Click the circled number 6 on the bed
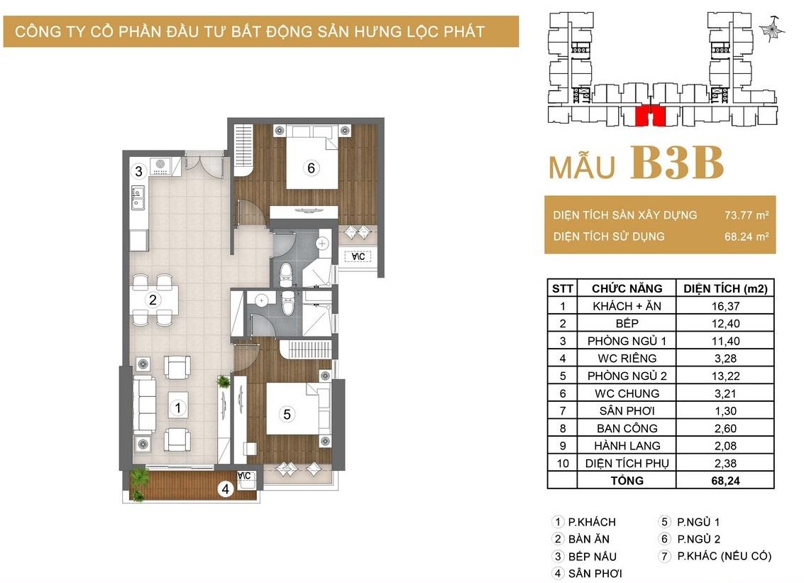tap(311, 168)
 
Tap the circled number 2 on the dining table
tap(153, 300)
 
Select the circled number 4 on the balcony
tap(225, 489)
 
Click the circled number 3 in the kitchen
tap(138, 171)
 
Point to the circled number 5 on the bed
tap(287, 414)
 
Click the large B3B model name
tap(677, 163)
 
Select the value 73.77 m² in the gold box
tap(746, 215)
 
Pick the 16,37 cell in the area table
tap(725, 306)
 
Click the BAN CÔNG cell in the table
tap(627, 428)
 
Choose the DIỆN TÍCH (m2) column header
tap(725, 288)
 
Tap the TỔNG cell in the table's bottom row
tap(627, 481)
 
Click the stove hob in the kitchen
tap(160, 167)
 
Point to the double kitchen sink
tap(138, 198)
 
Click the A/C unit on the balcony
tap(245, 476)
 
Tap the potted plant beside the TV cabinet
tap(223, 381)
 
